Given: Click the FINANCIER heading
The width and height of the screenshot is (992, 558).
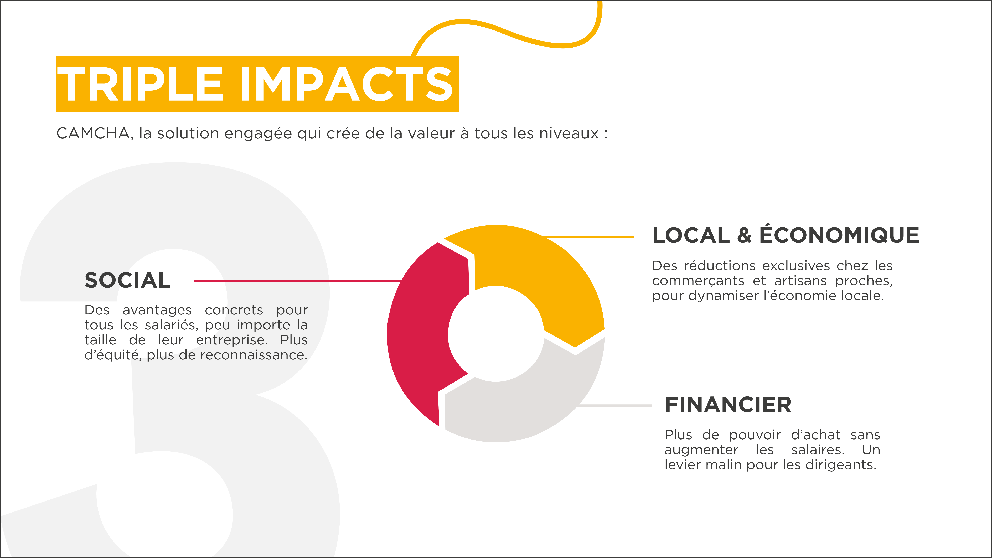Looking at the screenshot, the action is (728, 405).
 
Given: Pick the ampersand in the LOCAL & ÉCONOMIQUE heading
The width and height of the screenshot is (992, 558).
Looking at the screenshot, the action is (744, 235).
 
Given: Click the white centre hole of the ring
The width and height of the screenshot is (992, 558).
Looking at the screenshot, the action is (496, 333).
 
